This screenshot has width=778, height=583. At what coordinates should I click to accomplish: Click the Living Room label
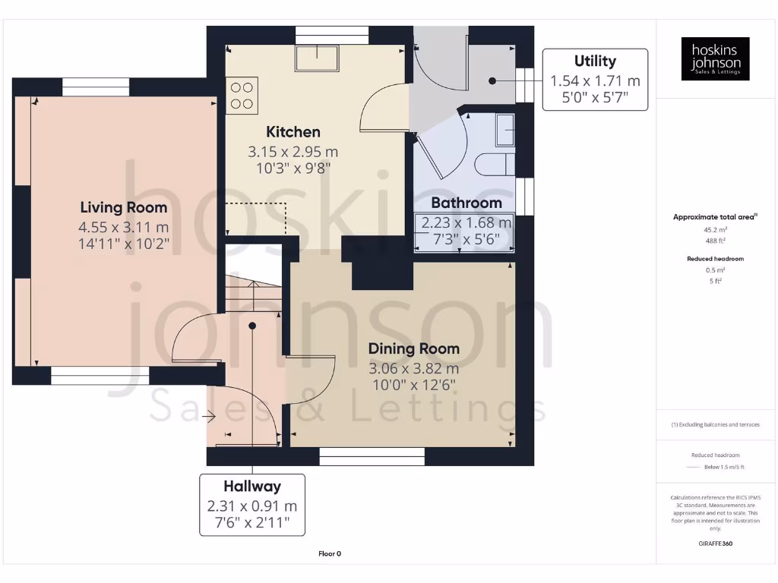tap(124, 207)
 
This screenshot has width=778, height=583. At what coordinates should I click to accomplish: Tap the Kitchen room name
tap(293, 132)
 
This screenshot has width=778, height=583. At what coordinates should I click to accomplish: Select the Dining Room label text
tap(414, 348)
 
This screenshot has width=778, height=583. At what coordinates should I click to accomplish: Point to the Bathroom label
tap(466, 203)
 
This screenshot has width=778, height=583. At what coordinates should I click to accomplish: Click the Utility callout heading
tap(595, 61)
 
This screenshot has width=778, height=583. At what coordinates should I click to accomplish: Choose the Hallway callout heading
tap(252, 486)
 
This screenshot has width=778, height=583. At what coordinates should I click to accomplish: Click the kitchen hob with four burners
tap(242, 96)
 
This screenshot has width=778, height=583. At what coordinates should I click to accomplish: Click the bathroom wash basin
tap(504, 130)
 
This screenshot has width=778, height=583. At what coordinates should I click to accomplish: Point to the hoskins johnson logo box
tap(715, 59)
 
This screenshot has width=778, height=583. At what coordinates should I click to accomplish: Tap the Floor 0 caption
tap(329, 554)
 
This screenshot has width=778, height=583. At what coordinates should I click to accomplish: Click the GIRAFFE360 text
tap(714, 544)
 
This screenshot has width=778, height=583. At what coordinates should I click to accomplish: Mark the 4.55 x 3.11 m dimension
tap(124, 227)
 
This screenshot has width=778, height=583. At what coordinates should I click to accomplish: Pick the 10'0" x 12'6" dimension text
tap(414, 384)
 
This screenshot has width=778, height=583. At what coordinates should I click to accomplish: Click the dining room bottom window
tap(372, 455)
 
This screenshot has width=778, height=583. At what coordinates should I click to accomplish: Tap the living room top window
tap(96, 87)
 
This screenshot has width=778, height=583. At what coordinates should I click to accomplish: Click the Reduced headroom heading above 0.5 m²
tap(714, 259)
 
